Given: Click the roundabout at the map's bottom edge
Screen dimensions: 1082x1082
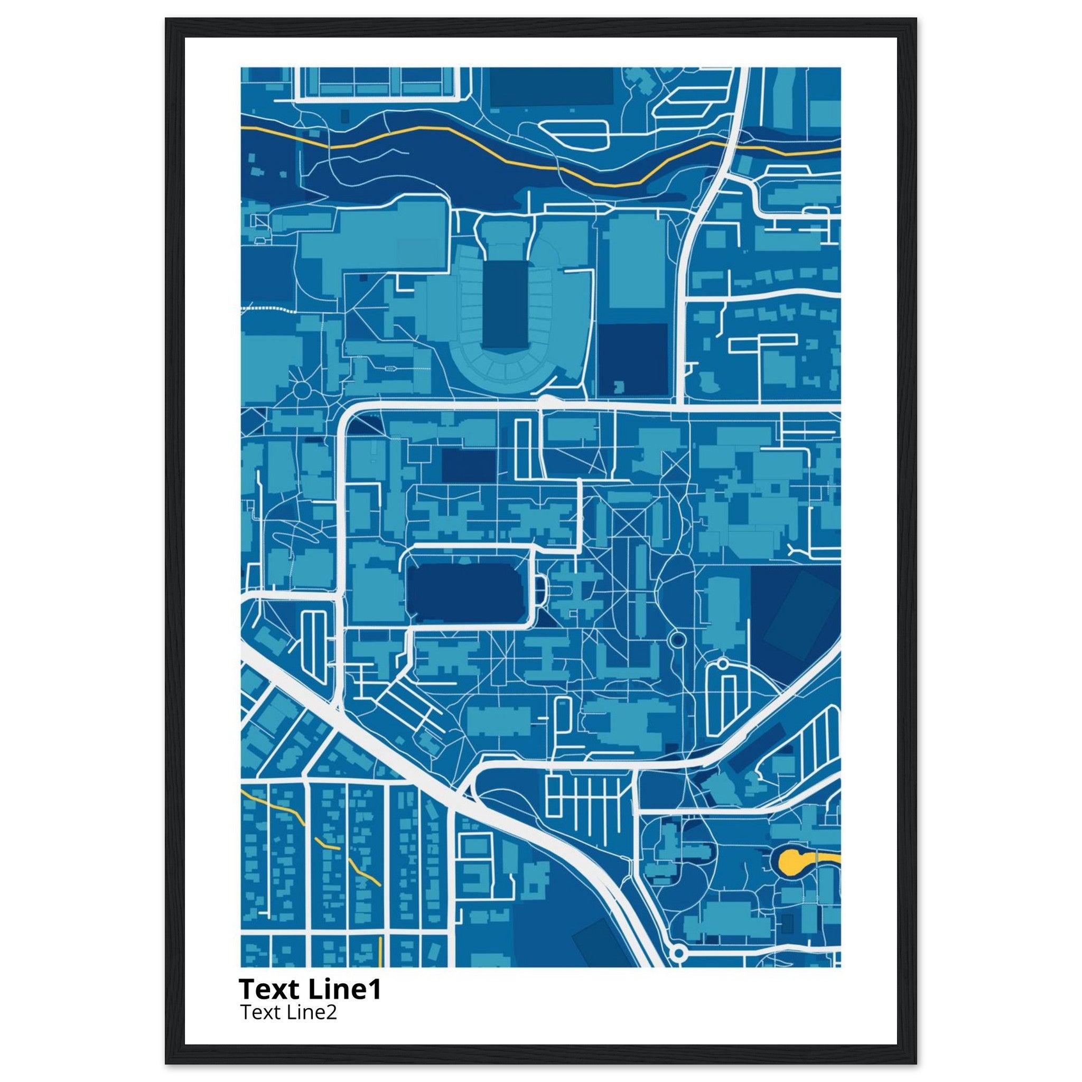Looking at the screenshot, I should (678, 952).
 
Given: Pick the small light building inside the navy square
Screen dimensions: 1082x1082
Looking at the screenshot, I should (619, 386).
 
